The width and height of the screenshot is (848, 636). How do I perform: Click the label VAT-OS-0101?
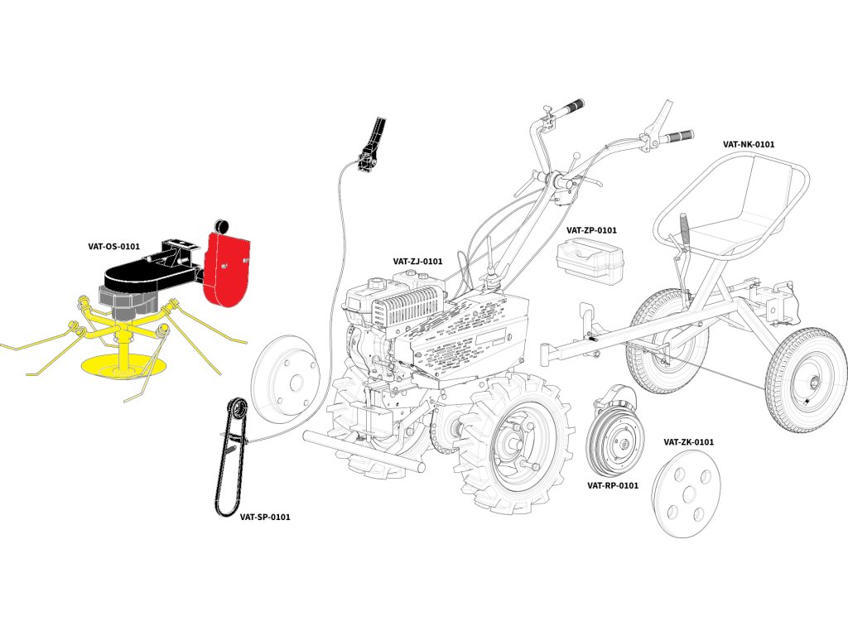tap(113, 246)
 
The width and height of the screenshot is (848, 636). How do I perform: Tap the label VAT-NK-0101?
tap(749, 144)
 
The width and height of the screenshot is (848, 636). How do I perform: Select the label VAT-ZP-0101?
tap(591, 230)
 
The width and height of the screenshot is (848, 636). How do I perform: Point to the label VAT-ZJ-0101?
tap(417, 262)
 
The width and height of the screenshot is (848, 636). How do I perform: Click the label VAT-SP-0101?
tap(265, 517)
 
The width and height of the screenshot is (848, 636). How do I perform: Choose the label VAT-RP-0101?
tap(613, 485)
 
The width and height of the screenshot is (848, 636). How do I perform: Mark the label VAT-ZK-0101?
tap(688, 442)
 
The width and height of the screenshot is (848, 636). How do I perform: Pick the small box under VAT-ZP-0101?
tap(590, 259)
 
